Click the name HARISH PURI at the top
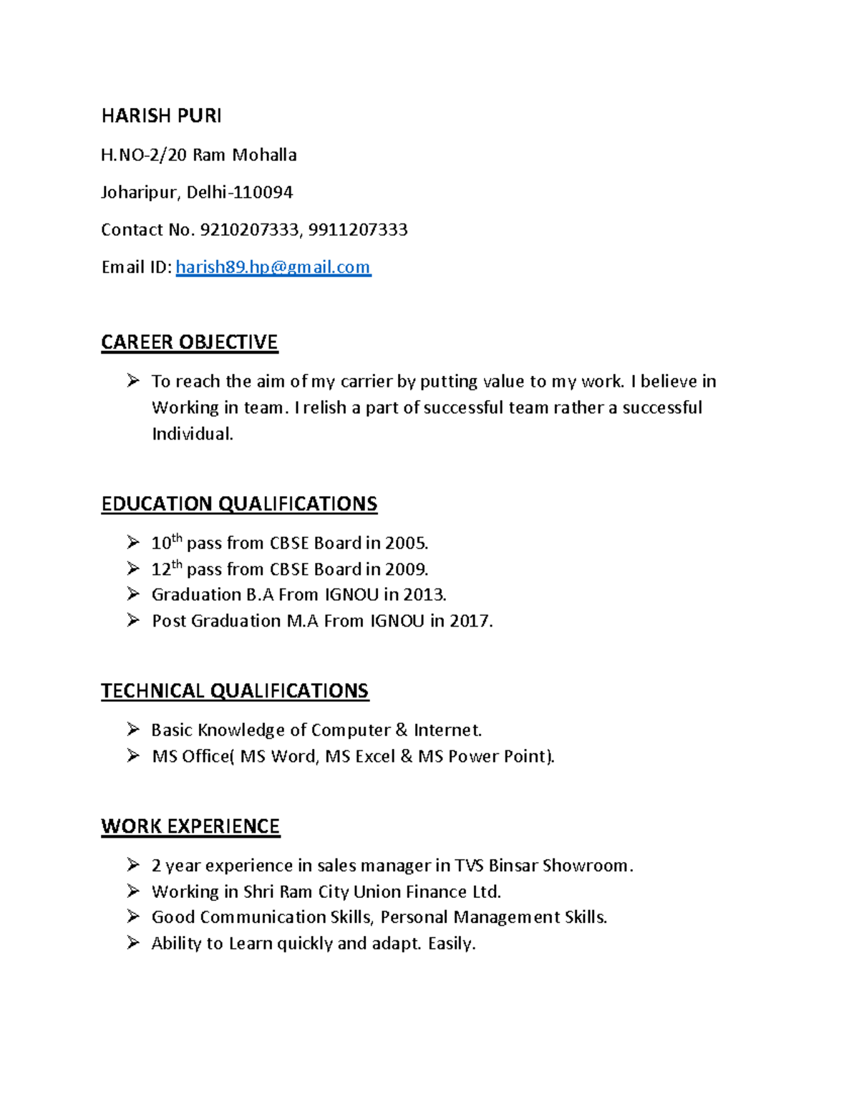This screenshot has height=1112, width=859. pyautogui.click(x=161, y=116)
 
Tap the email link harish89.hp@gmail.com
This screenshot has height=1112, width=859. pyautogui.click(x=273, y=267)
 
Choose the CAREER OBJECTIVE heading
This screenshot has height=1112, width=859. pyautogui.click(x=189, y=342)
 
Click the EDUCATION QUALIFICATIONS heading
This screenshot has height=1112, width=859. pyautogui.click(x=239, y=504)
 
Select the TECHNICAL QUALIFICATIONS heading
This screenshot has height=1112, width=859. pyautogui.click(x=235, y=691)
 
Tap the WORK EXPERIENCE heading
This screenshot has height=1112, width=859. pyautogui.click(x=190, y=826)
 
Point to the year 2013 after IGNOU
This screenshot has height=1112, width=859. pyautogui.click(x=423, y=595)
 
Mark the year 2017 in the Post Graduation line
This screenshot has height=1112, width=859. pyautogui.click(x=470, y=621)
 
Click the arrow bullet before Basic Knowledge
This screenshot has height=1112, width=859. pyautogui.click(x=133, y=730)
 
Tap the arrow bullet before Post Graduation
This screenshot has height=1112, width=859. pyautogui.click(x=133, y=620)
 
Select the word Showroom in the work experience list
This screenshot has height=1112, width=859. pyautogui.click(x=585, y=866)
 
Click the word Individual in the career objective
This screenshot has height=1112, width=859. pyautogui.click(x=191, y=434)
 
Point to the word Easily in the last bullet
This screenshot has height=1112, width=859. pyautogui.click(x=450, y=944)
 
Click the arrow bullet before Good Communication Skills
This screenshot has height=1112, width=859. pyautogui.click(x=133, y=917)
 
